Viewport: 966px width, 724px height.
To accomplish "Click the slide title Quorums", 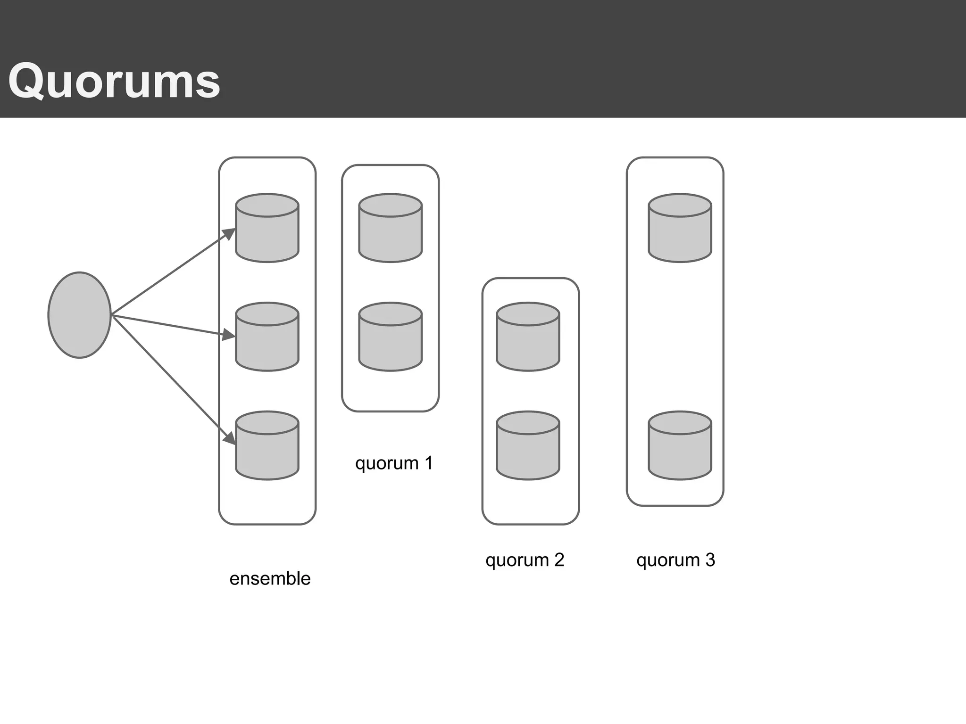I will pos(114,82).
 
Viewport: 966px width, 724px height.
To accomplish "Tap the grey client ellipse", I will pos(80,315).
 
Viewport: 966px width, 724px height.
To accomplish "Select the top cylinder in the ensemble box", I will pos(267,228).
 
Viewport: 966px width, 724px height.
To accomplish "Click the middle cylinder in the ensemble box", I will pos(267,337).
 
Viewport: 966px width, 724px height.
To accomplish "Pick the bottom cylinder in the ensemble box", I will pos(267,446).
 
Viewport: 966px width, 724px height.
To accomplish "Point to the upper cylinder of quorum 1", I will pos(390,228).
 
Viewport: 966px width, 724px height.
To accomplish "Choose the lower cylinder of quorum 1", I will pos(390,337).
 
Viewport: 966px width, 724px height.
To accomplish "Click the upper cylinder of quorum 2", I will pos(528,337).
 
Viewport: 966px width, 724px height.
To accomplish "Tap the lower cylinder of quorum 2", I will pos(528,446).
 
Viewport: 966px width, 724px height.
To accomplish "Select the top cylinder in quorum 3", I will pos(680,228).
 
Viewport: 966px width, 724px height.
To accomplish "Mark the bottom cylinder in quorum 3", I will pos(680,446).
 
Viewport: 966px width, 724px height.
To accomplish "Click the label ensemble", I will pos(270,579).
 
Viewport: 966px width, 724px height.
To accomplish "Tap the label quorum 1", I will pos(394,463).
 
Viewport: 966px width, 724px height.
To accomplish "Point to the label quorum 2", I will pos(525,560).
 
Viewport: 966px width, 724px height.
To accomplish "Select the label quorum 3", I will pos(675,560).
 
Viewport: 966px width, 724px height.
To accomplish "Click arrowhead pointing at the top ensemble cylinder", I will pos(230,233).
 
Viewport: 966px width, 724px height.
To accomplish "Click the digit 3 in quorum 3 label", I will pos(710,559).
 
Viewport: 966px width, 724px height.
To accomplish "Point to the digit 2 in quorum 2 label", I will pos(559,559).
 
